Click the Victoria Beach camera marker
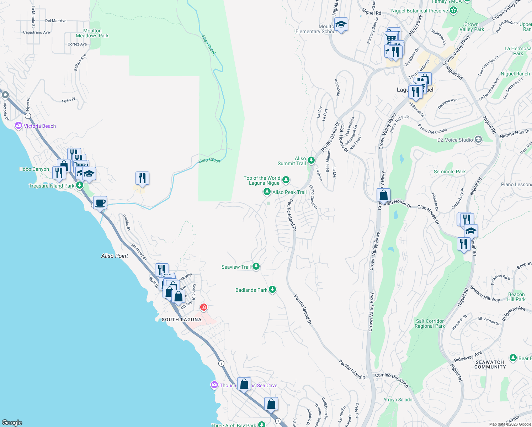pyautogui.click(x=18, y=126)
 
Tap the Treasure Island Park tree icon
pyautogui.click(x=80, y=185)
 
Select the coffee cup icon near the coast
pyautogui.click(x=100, y=203)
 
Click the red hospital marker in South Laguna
pyautogui.click(x=204, y=307)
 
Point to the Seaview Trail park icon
pyautogui.click(x=256, y=267)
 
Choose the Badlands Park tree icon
pyautogui.click(x=272, y=290)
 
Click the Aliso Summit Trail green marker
pyautogui.click(x=311, y=160)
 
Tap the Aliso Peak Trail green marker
pyautogui.click(x=267, y=192)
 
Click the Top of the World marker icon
pyautogui.click(x=286, y=180)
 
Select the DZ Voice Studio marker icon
pyautogui.click(x=478, y=139)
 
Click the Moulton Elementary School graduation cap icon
pyautogui.click(x=341, y=24)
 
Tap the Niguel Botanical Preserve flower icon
pyautogui.click(x=453, y=10)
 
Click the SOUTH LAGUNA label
pyautogui.click(x=181, y=320)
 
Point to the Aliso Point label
pyautogui.click(x=115, y=256)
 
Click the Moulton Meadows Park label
pyautogui.click(x=92, y=33)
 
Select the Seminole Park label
pyautogui.click(x=449, y=172)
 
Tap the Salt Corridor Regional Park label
pyautogui.click(x=430, y=323)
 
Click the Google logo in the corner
pyautogui.click(x=12, y=422)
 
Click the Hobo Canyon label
pyautogui.click(x=34, y=169)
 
